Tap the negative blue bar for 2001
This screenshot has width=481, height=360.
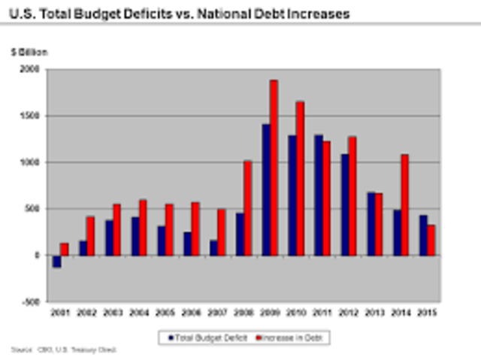[56, 261]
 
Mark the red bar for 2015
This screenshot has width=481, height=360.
[431, 240]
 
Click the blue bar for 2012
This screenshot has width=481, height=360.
[343, 204]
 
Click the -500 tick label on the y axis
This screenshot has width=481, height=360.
[30, 301]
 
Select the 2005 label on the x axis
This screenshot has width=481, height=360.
[165, 312]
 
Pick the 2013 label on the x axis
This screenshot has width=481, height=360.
[374, 312]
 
